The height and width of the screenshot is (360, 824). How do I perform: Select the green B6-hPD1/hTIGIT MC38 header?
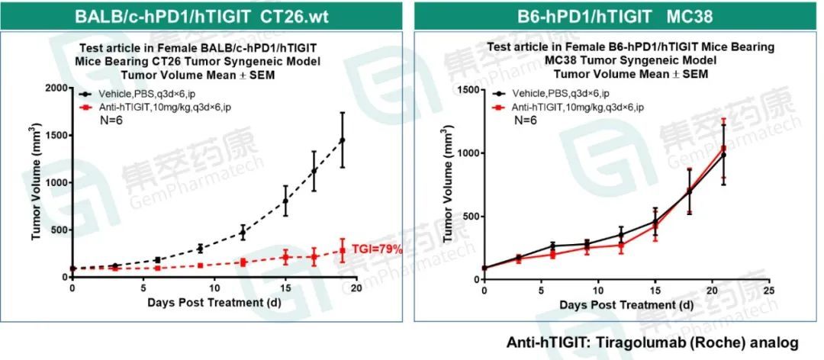click(x=616, y=14)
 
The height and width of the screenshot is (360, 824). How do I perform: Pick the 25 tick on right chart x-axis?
click(x=770, y=291)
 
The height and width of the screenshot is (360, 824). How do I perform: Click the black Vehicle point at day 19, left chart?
click(x=342, y=140)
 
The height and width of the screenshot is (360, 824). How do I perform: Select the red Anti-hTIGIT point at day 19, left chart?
click(x=342, y=250)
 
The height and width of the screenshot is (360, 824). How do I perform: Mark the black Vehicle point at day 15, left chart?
click(x=285, y=201)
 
